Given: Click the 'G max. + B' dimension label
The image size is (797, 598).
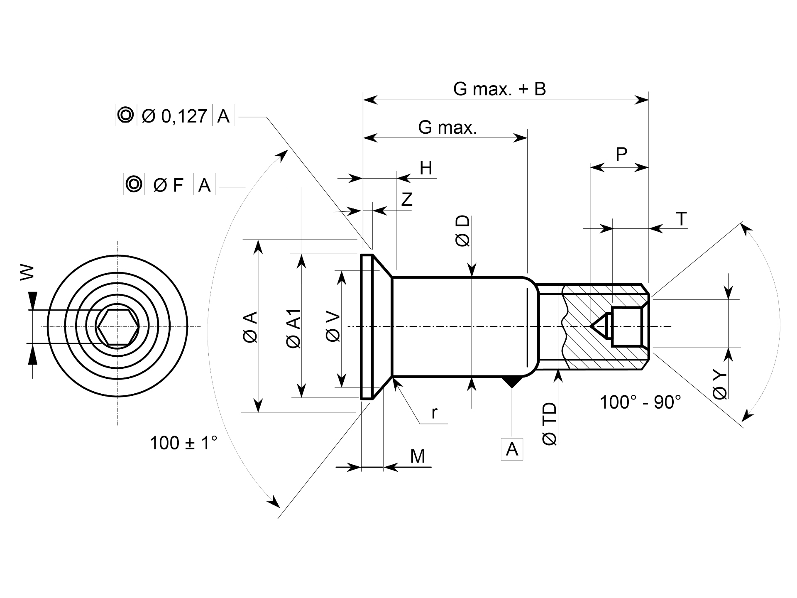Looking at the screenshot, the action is tap(499, 89).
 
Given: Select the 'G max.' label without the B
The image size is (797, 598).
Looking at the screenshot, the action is tap(447, 127).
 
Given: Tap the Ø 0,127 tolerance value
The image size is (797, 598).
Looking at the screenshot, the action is tap(174, 116).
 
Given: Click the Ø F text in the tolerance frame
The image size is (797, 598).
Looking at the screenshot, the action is tap(168, 185).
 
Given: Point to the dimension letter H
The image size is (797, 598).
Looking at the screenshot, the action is tap(426, 168).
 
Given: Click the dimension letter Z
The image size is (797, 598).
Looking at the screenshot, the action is tap(407, 199).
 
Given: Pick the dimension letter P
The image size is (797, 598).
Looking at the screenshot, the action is tap(621, 154).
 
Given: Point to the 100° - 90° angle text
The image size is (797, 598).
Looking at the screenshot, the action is tap(641, 402).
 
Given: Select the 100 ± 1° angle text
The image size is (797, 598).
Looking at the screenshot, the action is tap(183, 443).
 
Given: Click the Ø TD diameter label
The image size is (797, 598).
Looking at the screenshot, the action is tap(549, 424).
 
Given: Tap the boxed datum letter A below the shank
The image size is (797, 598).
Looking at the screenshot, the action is tap(512, 449).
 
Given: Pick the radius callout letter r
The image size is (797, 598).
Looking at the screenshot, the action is tap(435, 413).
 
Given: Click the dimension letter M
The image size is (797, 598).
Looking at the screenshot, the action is tap(418, 456).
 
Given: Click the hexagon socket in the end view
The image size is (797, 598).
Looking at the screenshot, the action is tap(117, 327).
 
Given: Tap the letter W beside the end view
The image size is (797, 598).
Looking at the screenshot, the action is tap(27, 272).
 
